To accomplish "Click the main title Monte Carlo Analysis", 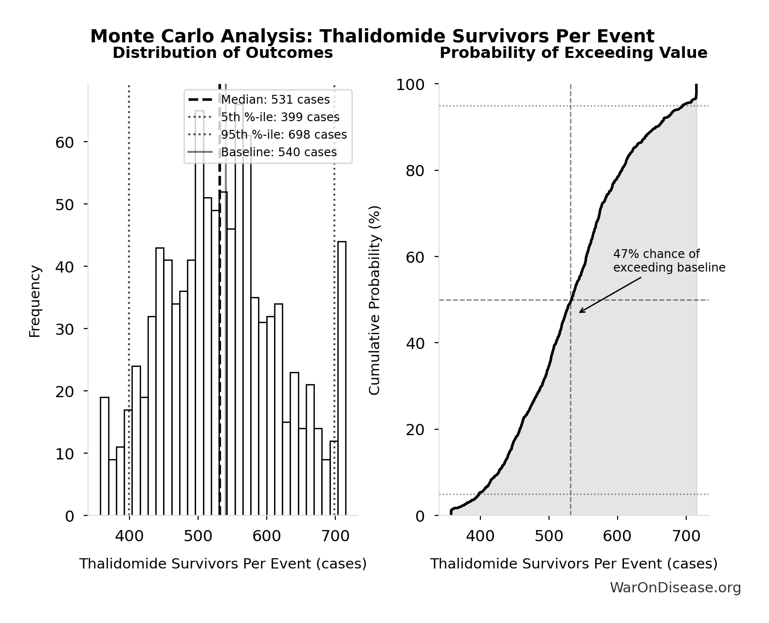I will tap(372, 37).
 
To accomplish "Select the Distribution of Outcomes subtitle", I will tap(223, 53).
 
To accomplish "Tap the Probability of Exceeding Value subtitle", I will tap(573, 53).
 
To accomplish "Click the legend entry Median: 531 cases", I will tap(275, 100).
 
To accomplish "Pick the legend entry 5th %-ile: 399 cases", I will tap(280, 117).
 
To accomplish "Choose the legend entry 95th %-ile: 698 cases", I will tap(284, 135).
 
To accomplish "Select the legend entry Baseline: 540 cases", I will tap(278, 152).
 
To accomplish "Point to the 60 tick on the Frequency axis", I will tap(64, 142).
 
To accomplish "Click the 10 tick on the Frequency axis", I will tap(64, 454).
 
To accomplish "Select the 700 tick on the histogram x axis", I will tap(335, 536).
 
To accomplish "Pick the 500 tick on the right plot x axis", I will tap(549, 536).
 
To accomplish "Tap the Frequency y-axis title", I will tap(35, 300).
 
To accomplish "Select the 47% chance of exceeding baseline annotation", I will tap(669, 261).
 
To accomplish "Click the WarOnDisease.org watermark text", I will tap(675, 587).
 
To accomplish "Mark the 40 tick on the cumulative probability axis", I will tap(415, 343).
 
